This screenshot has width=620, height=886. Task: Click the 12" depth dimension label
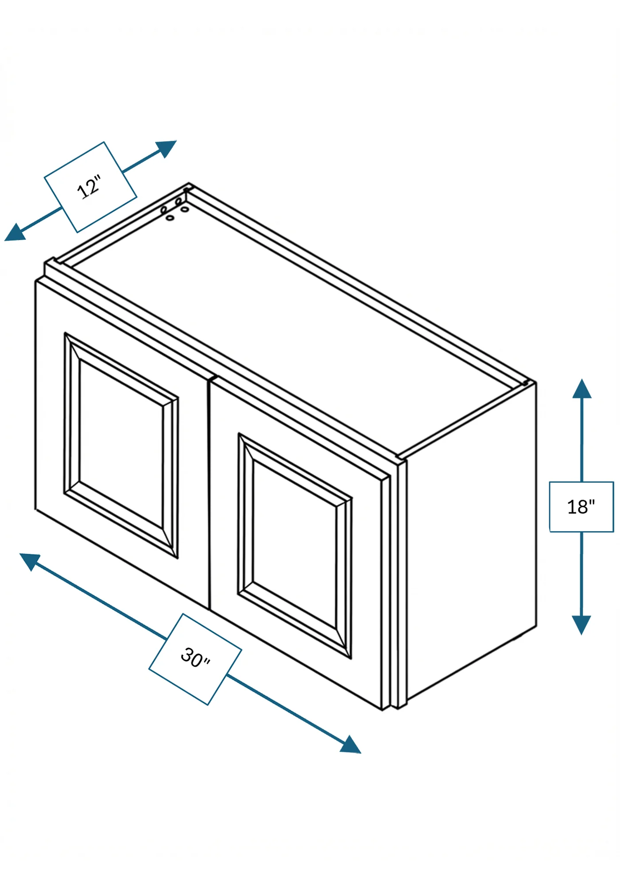point(90,187)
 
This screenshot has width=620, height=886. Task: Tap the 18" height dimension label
point(581,507)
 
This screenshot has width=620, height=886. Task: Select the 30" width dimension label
point(195,659)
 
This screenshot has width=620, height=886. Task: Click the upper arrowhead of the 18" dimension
point(581,389)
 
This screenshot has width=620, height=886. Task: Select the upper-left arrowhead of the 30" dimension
point(31,561)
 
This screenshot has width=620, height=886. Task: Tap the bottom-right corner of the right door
point(383,710)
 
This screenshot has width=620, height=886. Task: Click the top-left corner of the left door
point(36,281)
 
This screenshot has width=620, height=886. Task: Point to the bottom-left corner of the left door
point(35,509)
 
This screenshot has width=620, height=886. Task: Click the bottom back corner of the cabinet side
point(536,626)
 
